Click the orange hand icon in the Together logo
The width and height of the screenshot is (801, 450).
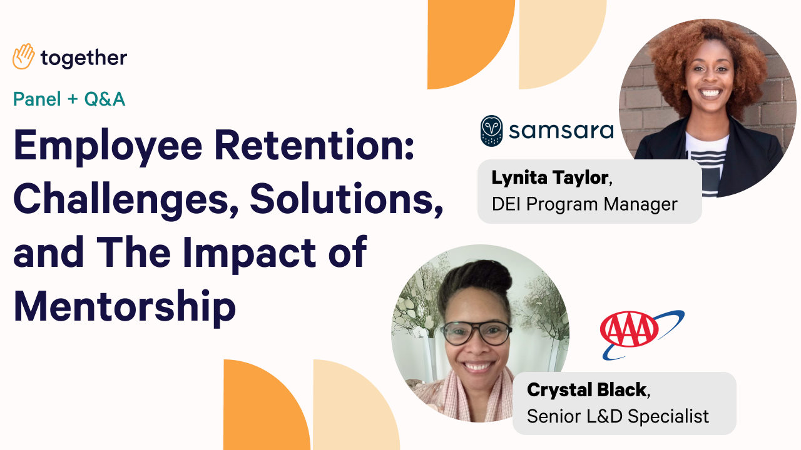(x=24, y=56)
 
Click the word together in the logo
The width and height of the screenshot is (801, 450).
(x=84, y=58)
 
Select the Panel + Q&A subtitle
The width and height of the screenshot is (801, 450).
(x=69, y=99)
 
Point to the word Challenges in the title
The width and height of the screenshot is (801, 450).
(x=126, y=199)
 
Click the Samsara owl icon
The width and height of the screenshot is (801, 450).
(x=491, y=131)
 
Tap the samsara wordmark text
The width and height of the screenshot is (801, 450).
(x=561, y=131)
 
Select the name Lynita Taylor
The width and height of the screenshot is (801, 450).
(x=550, y=178)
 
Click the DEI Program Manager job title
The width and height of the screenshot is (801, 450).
(x=584, y=204)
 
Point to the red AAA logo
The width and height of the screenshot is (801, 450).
(x=630, y=329)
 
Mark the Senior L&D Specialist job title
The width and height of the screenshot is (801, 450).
(x=618, y=416)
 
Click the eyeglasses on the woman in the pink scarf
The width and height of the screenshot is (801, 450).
(x=476, y=333)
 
